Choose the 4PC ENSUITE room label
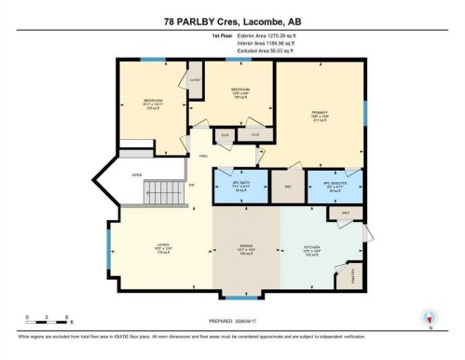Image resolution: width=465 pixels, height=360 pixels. (334, 186)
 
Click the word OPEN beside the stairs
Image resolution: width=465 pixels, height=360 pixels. (136, 174)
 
